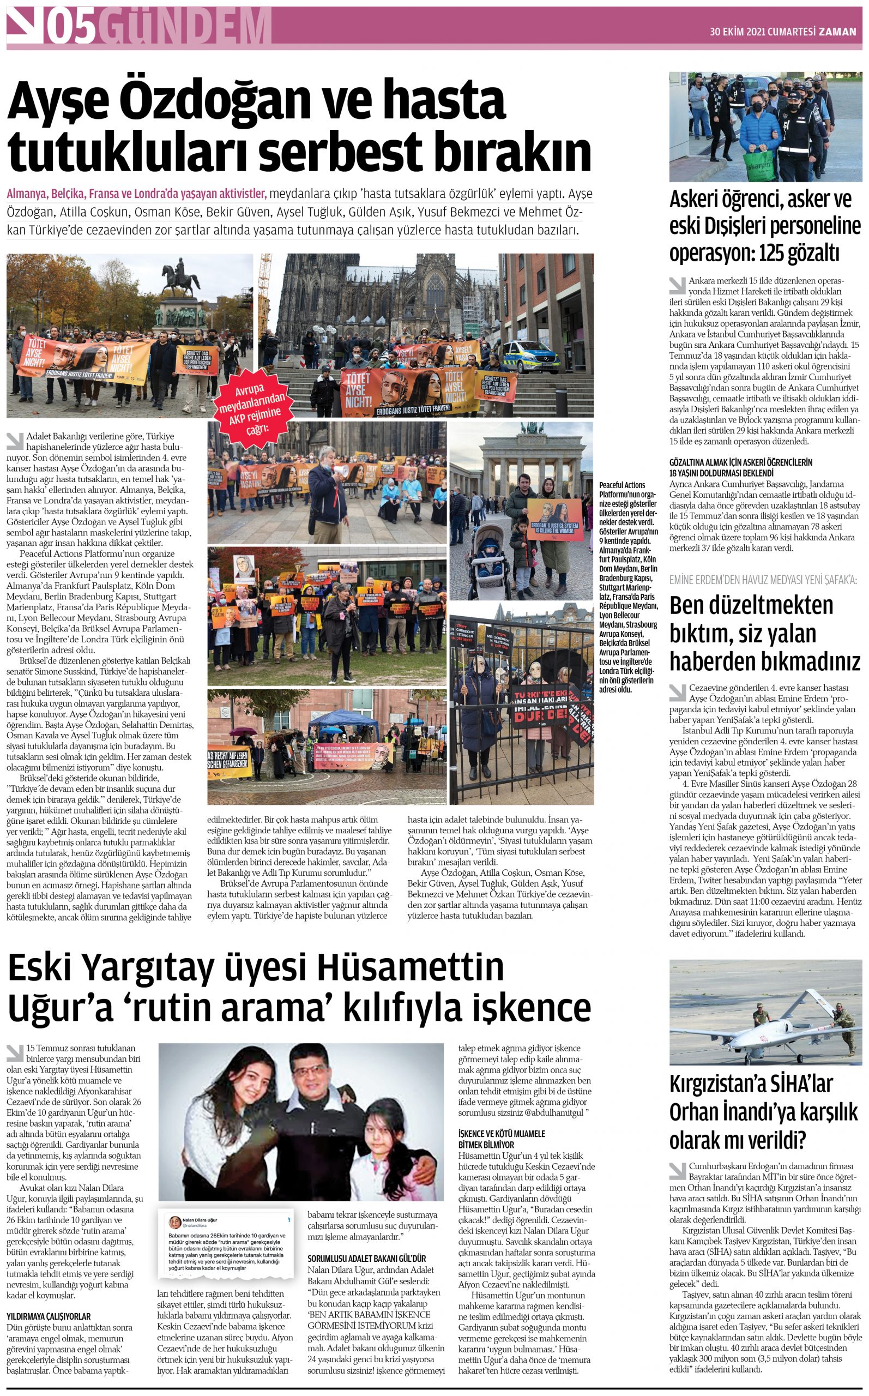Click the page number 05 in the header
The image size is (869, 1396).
[71, 27]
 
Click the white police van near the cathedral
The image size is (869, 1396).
[530, 356]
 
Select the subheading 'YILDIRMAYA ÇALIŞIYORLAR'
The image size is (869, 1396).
[49, 1316]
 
